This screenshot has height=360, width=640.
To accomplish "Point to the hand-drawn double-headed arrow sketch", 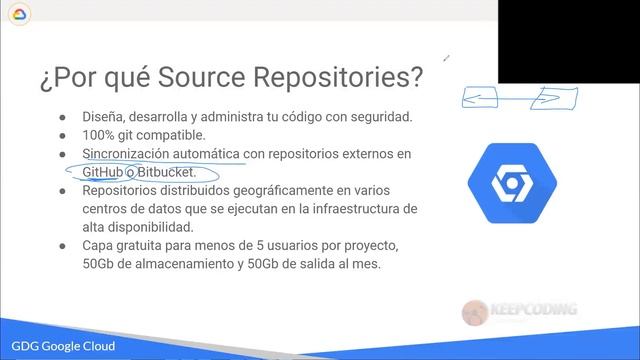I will pos(519,98).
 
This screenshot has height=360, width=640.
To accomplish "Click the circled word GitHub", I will pos(108,172).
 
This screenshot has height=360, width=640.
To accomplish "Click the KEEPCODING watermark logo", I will pos(519,312).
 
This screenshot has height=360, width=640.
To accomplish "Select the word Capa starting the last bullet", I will pos(102,246).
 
